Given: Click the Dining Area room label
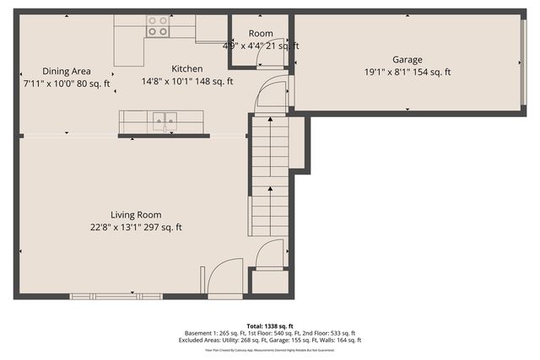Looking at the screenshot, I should (x=67, y=72).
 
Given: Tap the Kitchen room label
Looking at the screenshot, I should (x=186, y=69).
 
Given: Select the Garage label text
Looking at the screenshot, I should (x=407, y=60).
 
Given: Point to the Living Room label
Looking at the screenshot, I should (x=136, y=215).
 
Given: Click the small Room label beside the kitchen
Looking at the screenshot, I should (x=260, y=34).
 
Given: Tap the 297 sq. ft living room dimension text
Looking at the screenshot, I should (x=136, y=227).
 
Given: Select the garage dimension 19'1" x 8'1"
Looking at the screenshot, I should (x=407, y=73).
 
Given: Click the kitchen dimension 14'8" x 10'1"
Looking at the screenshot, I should (x=186, y=81).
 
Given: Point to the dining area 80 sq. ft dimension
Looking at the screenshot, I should (x=67, y=83).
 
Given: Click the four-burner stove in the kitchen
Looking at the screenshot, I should (x=157, y=26).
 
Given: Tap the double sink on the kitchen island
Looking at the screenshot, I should (x=165, y=121).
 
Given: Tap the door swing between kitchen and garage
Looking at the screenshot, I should (x=273, y=92).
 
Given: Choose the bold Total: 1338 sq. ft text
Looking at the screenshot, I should (x=269, y=325).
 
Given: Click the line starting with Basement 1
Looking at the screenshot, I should (x=269, y=333).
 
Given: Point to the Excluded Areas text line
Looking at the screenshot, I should (x=269, y=341).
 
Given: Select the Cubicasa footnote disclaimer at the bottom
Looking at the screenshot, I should (x=269, y=349).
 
